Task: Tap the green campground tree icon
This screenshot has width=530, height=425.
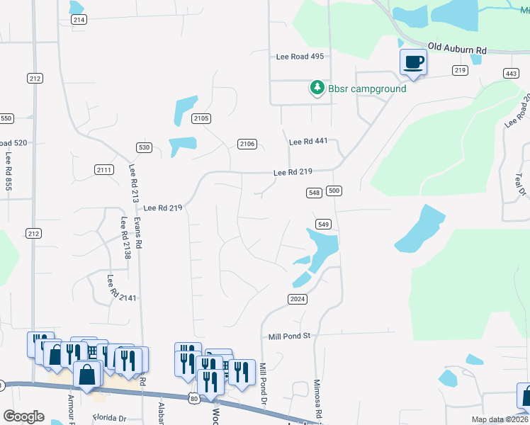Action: point(316,88)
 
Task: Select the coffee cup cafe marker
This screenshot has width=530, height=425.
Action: point(414,62)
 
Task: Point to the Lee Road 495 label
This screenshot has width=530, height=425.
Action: point(300,57)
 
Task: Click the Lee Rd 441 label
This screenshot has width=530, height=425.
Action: point(308,142)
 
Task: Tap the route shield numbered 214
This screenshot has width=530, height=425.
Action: point(79,20)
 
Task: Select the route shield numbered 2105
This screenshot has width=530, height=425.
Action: point(201,118)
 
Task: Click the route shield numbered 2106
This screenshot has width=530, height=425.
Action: point(247,144)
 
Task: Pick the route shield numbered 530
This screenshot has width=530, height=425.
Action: point(144,147)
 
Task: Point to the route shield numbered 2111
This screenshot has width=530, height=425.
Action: point(103,169)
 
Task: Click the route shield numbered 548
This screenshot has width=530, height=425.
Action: point(315,193)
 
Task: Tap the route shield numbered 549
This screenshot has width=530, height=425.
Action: point(323,224)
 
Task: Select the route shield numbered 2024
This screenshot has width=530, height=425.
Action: point(298,300)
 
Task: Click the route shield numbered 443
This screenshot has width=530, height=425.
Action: point(510,74)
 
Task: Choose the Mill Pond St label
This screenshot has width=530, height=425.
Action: point(290,336)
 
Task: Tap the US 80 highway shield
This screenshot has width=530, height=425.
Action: point(194,399)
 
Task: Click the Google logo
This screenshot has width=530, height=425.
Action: point(23,416)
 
